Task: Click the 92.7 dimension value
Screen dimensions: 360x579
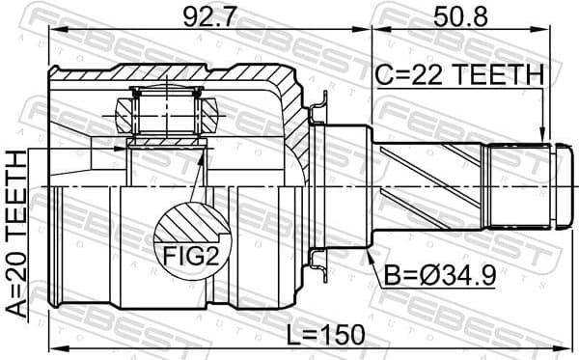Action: tap(200, 15)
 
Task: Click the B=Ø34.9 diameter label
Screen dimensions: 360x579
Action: tap(442, 275)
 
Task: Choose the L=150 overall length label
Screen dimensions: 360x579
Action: tap(327, 335)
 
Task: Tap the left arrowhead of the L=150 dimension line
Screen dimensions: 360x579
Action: tap(54, 347)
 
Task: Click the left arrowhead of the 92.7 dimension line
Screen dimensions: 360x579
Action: tap(54, 29)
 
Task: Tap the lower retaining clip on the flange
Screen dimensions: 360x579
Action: tap(319, 259)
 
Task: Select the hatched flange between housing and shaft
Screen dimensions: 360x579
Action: tap(307, 183)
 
